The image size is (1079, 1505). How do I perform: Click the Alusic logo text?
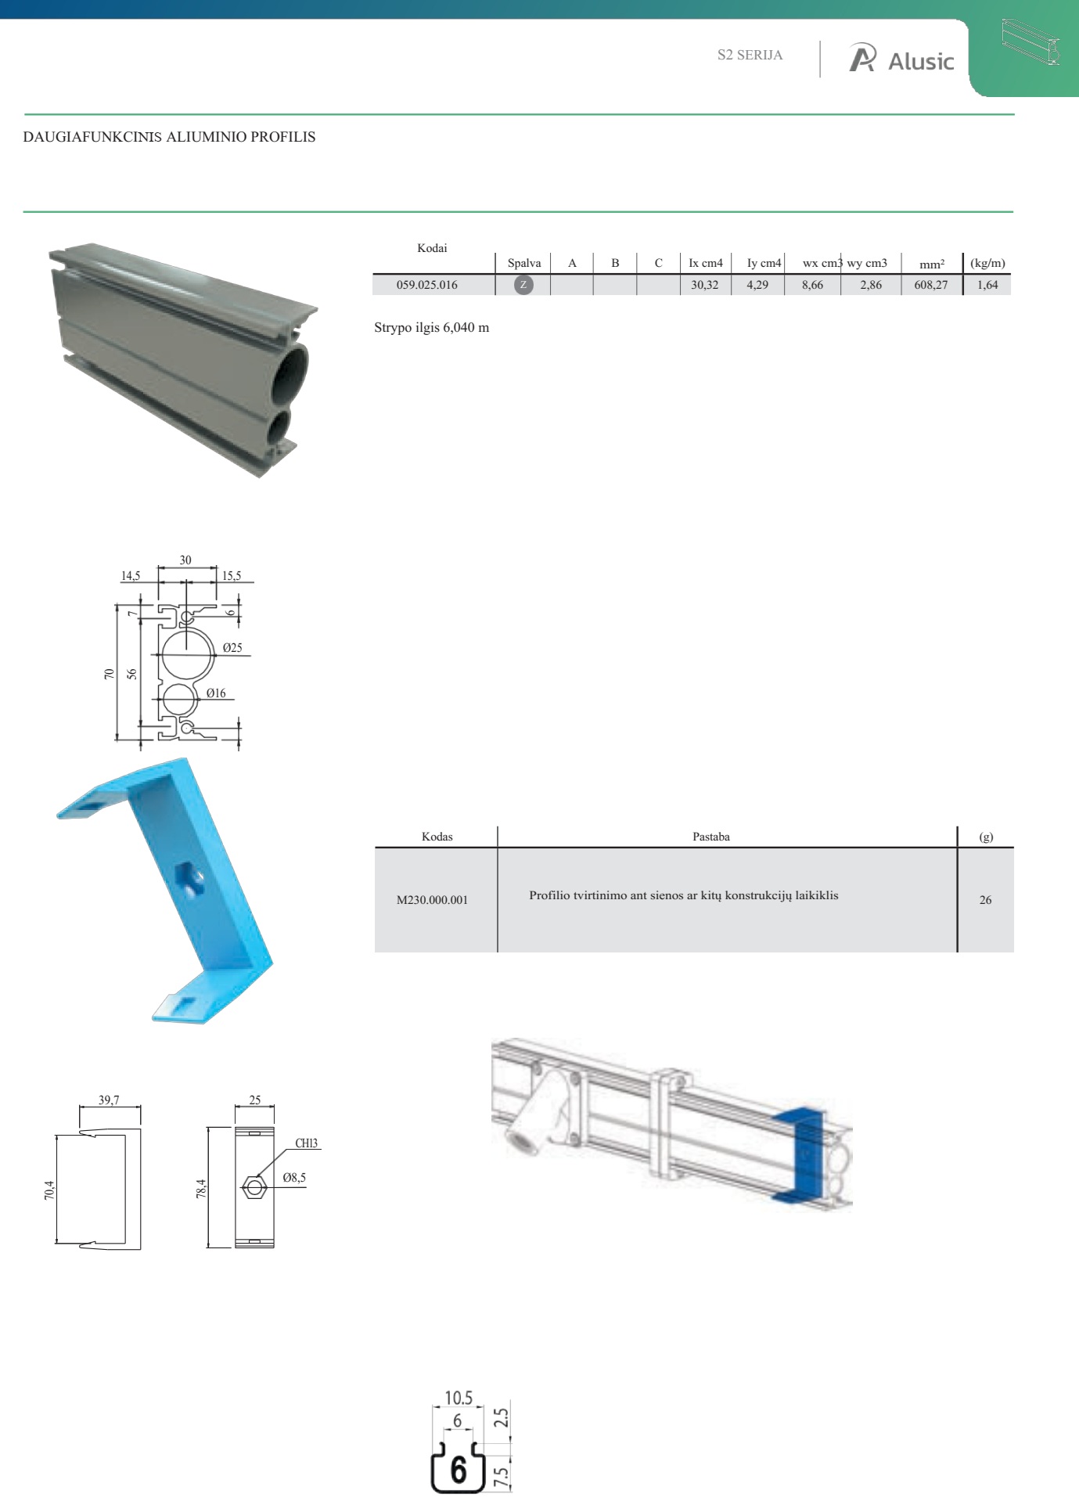click(921, 61)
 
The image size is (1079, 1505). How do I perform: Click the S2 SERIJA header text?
click(750, 55)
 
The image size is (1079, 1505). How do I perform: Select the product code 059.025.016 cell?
click(426, 285)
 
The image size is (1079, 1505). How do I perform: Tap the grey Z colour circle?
click(523, 285)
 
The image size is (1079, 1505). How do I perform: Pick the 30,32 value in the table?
click(704, 285)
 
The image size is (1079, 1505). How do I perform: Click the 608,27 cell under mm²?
click(930, 285)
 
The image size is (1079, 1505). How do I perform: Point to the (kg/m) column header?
click(987, 263)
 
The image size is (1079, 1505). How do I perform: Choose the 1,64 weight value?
click(987, 285)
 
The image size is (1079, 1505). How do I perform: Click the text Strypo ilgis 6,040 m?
click(431, 327)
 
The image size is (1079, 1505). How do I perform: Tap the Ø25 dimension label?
click(232, 647)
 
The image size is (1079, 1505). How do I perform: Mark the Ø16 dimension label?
click(216, 693)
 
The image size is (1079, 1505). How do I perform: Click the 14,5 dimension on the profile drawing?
click(130, 575)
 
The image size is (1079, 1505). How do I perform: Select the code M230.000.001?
click(432, 900)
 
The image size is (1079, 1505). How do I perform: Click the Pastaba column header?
click(710, 837)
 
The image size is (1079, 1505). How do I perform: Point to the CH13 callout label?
click(306, 1143)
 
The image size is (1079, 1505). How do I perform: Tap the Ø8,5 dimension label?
click(294, 1177)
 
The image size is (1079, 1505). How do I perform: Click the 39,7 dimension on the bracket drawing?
click(109, 1100)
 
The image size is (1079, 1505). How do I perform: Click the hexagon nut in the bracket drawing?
click(254, 1187)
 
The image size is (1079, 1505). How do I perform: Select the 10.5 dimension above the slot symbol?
click(459, 1397)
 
